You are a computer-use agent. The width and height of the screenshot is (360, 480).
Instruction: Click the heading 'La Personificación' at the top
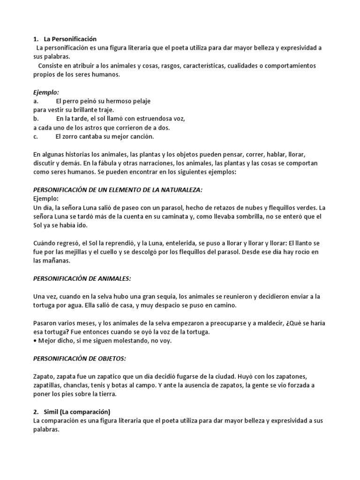click(x=71, y=39)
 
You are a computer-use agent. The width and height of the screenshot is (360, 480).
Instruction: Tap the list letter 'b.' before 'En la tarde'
click(x=36, y=119)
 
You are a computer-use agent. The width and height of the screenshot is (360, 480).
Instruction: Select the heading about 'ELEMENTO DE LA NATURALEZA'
click(x=117, y=190)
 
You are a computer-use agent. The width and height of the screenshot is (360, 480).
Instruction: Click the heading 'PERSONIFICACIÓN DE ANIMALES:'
click(x=82, y=278)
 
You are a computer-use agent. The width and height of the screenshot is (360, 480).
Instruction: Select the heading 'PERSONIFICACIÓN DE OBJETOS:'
click(x=79, y=359)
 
